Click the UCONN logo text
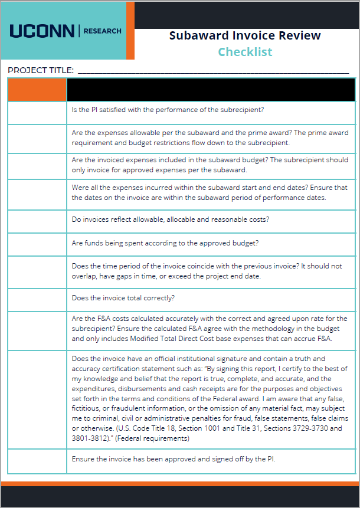click(x=42, y=31)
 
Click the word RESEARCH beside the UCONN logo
click(x=103, y=31)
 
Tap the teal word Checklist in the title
click(x=245, y=52)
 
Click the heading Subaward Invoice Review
click(x=245, y=35)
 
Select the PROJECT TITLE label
click(x=41, y=70)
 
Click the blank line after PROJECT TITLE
click(x=212, y=71)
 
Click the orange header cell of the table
click(x=37, y=90)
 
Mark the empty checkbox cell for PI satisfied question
click(x=37, y=113)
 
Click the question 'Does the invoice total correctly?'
click(x=123, y=299)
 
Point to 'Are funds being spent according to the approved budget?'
click(x=165, y=243)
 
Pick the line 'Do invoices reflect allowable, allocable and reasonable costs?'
click(x=170, y=219)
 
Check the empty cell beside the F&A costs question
click(x=37, y=329)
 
